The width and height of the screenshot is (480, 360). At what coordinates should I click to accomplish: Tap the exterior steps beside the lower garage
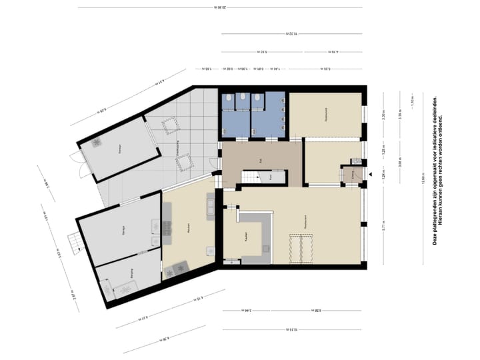click(x=73, y=241)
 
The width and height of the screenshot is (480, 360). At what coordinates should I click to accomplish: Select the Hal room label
click(x=260, y=161)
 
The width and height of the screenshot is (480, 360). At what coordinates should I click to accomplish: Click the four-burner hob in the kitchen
click(x=179, y=269)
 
